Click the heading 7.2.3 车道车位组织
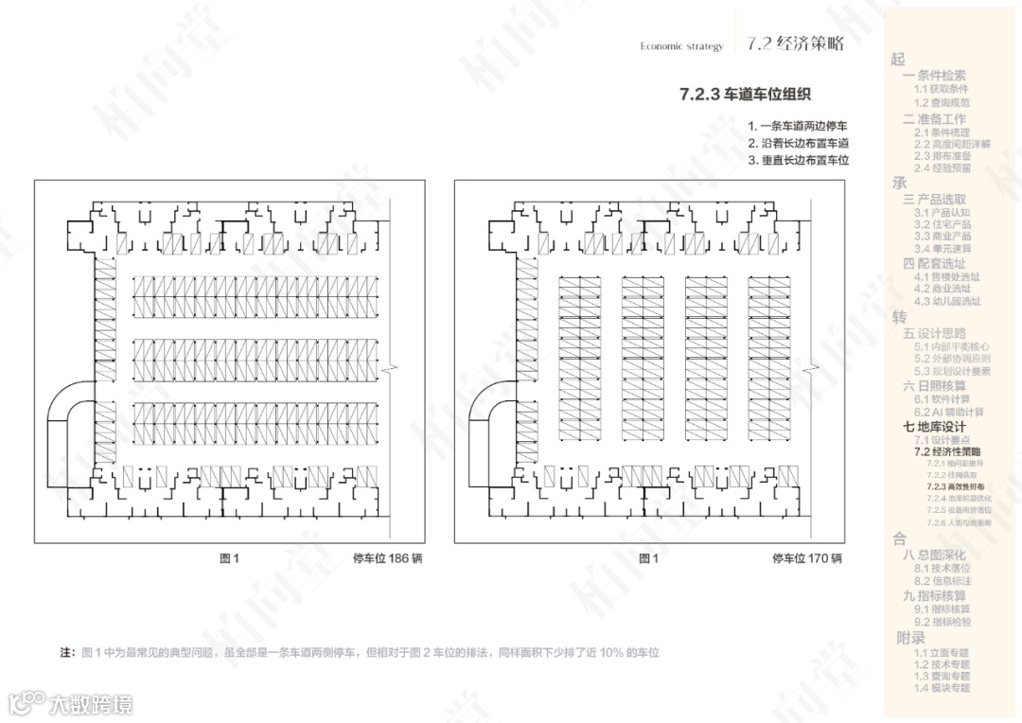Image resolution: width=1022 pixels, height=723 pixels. click(x=746, y=95)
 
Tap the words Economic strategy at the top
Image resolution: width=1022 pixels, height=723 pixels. click(x=681, y=46)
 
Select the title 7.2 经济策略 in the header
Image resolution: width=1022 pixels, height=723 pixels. click(x=794, y=44)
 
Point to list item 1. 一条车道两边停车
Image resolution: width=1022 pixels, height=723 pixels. click(x=798, y=126)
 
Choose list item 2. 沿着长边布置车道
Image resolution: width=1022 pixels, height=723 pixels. click(x=798, y=143)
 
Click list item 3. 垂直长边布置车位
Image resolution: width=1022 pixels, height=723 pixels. click(x=798, y=160)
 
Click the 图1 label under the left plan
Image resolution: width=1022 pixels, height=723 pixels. click(x=229, y=558)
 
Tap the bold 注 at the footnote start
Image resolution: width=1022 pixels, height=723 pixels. click(x=66, y=653)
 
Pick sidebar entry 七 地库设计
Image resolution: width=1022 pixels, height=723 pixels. click(x=934, y=427)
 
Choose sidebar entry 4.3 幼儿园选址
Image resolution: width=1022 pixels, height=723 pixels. click(x=947, y=302)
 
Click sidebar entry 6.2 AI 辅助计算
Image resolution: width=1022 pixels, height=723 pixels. click(x=948, y=413)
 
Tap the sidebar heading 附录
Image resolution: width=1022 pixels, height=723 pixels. click(x=910, y=638)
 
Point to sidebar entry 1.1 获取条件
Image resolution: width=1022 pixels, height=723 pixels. click(x=941, y=88)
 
